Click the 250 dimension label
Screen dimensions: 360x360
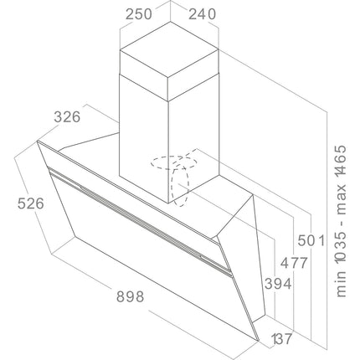139,14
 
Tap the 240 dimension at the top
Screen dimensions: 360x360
203,14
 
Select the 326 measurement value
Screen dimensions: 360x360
67,117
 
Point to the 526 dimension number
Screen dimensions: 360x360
31,203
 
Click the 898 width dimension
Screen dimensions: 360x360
131,296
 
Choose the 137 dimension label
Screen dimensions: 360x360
281,339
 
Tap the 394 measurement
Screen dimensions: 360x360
278,284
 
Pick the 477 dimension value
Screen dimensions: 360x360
294,263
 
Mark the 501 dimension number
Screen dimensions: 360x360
311,240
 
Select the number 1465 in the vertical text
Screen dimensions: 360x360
341,161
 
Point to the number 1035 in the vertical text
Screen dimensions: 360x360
341,247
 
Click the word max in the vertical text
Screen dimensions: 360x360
341,199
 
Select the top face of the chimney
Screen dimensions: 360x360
169,49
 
